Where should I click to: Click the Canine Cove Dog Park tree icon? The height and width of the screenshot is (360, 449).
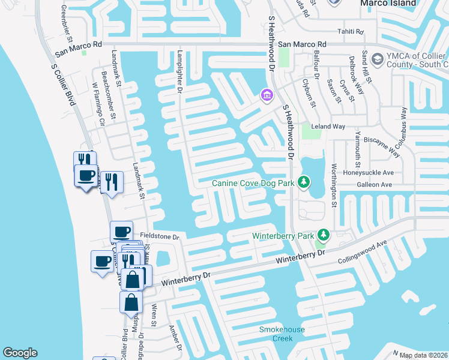coord(304,182)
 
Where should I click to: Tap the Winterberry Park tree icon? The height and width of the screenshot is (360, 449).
coord(324,235)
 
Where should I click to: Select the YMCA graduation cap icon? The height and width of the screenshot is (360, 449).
coord(378,59)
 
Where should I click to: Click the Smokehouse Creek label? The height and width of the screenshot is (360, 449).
coord(282,334)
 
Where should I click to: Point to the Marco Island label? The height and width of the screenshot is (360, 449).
coord(388,3)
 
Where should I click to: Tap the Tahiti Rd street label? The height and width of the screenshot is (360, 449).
coord(352,31)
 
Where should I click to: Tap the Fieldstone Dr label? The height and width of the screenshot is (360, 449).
coord(160,237)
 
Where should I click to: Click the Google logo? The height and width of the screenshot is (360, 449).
coord(20,353)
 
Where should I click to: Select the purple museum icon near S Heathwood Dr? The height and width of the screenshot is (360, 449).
coord(267,95)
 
